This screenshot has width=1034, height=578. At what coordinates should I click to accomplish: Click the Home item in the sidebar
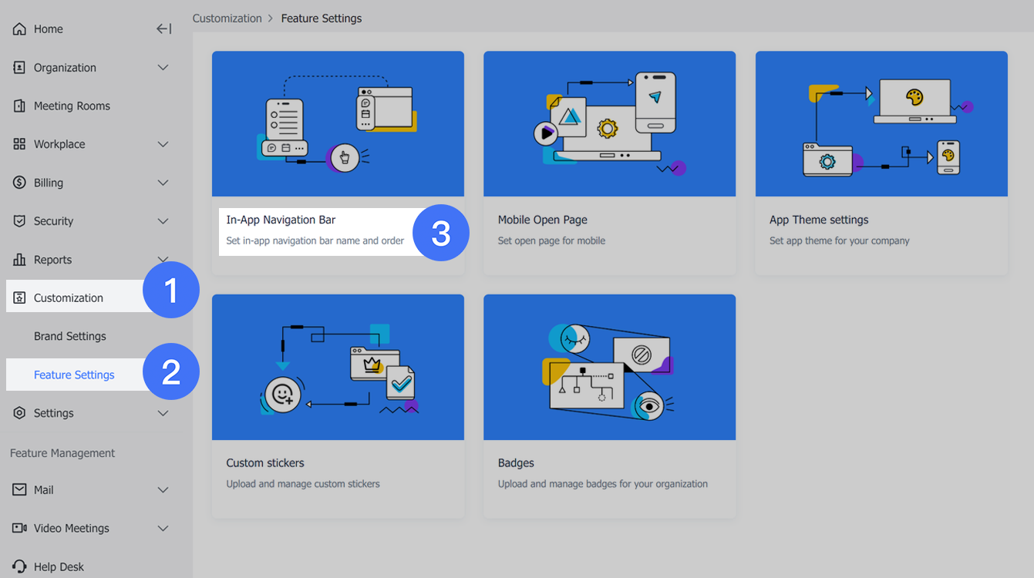[48, 29]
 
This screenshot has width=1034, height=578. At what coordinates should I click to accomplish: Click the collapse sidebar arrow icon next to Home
[163, 29]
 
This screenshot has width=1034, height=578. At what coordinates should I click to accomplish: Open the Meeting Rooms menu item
[72, 106]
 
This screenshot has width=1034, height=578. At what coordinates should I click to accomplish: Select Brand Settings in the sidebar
[70, 337]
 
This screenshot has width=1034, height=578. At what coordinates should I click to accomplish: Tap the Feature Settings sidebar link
[74, 375]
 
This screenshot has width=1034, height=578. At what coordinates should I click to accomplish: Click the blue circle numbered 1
[171, 291]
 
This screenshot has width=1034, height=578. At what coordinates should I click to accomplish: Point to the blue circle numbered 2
[171, 372]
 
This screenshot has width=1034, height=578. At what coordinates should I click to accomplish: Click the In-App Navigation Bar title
[281, 220]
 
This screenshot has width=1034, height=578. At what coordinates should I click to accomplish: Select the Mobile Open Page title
[543, 220]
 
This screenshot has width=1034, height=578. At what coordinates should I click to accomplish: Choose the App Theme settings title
[819, 220]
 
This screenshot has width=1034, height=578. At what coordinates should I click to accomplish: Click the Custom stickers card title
[265, 463]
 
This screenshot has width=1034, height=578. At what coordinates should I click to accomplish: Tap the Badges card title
[516, 463]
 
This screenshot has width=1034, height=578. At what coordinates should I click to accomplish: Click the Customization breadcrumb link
[227, 18]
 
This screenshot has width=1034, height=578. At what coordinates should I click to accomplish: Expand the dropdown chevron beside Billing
[163, 183]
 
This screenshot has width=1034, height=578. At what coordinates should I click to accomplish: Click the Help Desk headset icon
[19, 566]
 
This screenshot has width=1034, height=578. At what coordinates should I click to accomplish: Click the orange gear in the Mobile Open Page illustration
[608, 128]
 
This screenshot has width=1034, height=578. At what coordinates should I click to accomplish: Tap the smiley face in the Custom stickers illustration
[283, 395]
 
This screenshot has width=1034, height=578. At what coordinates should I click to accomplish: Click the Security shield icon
[19, 221]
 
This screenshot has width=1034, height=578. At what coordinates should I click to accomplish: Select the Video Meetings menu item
[72, 529]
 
